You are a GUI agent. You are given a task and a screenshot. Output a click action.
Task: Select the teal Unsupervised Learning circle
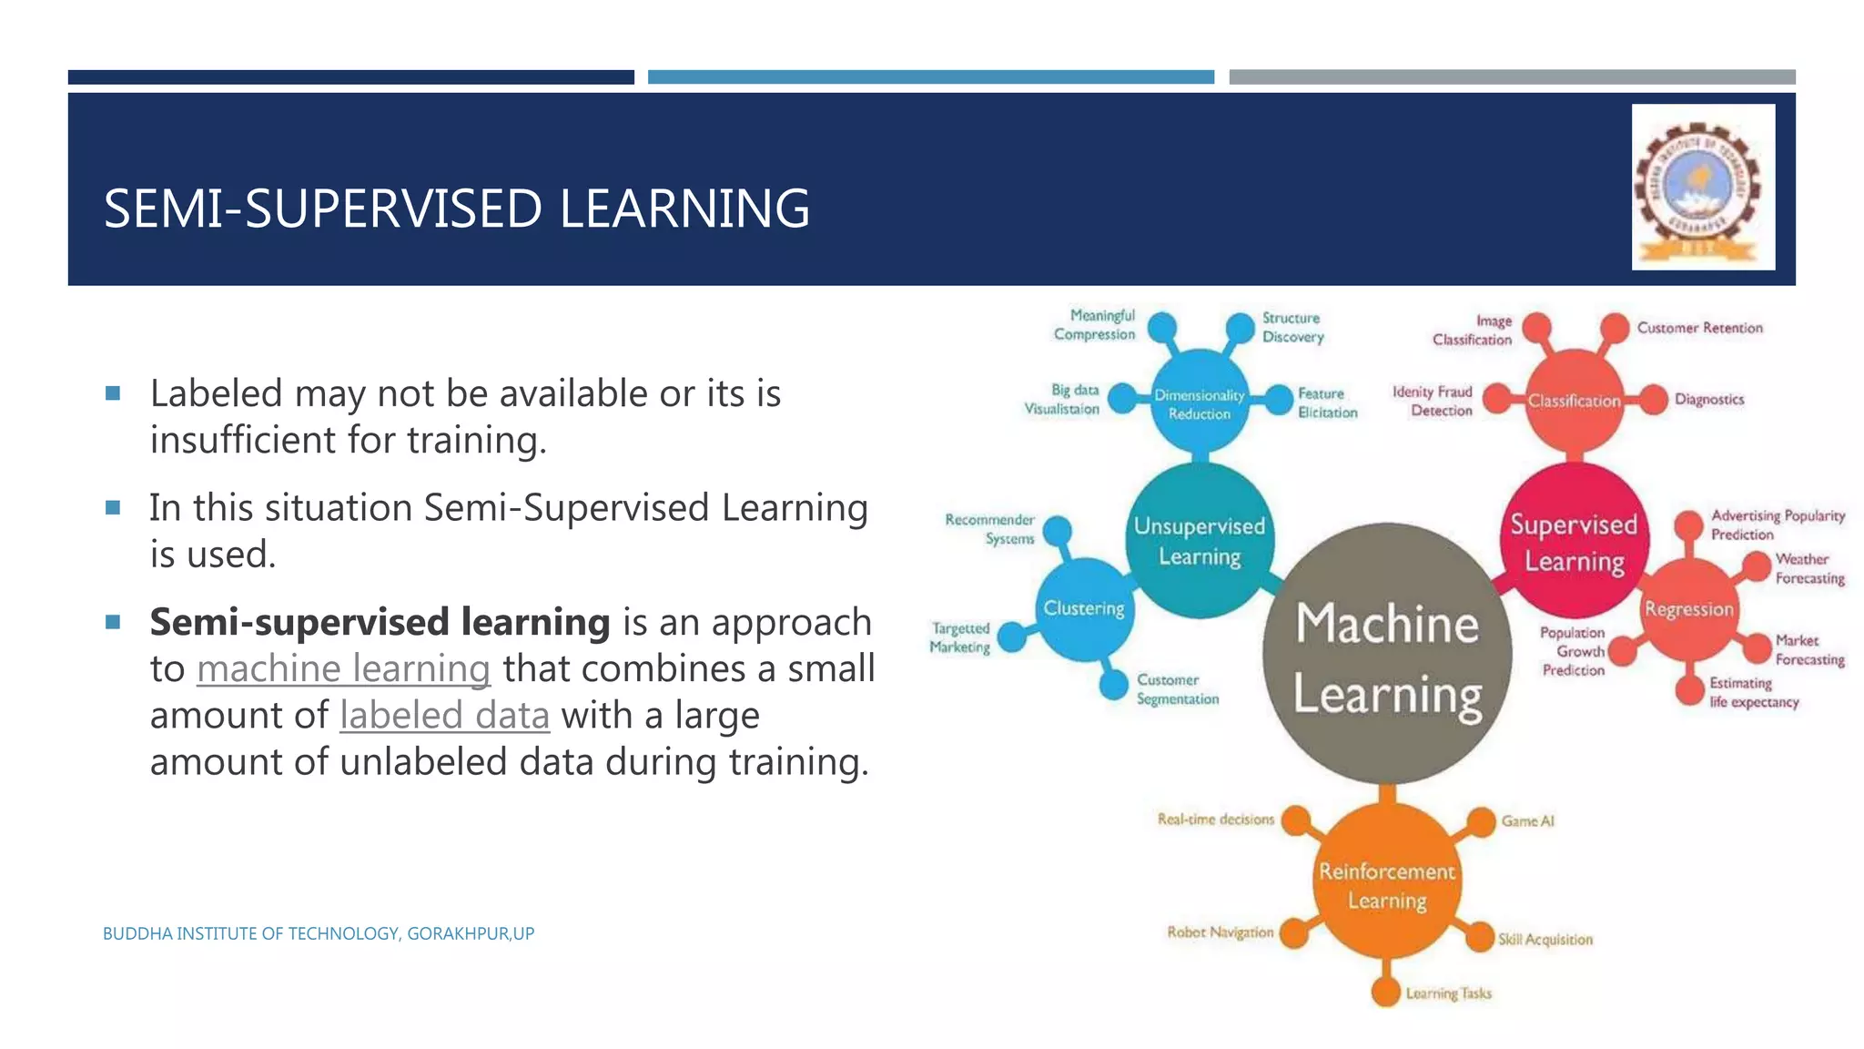pos(1200,541)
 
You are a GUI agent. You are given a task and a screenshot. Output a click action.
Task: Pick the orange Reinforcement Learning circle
pos(1386,884)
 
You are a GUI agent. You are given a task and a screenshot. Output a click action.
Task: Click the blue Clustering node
pos(1083,608)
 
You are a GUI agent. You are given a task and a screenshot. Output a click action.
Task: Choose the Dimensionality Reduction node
pos(1199,403)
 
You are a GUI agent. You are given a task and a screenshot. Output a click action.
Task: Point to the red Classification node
pos(1574,401)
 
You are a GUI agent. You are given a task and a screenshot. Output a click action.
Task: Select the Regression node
pos(1688,609)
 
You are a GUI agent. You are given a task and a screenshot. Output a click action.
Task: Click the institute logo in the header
pos(1703,187)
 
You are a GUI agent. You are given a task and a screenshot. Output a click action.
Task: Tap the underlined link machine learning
pos(343,668)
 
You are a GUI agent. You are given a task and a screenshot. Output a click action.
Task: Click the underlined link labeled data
pos(444,715)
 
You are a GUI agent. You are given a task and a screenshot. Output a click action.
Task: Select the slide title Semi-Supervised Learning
pos(456,208)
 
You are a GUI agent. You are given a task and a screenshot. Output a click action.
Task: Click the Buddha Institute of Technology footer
pos(318,933)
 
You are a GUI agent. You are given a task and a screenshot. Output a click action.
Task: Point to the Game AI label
pos(1527,820)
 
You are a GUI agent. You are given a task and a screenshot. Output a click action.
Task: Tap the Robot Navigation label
pos(1220,932)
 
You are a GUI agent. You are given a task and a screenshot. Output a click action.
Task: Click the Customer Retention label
pos(1699,328)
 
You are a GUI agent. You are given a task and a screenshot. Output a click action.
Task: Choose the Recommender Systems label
pos(990,529)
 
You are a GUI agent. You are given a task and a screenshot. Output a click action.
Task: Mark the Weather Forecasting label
pos(1808,568)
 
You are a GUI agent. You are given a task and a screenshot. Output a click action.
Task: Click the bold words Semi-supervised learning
pos(380,622)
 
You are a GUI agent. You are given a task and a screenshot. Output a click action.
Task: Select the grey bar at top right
pos(1512,77)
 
